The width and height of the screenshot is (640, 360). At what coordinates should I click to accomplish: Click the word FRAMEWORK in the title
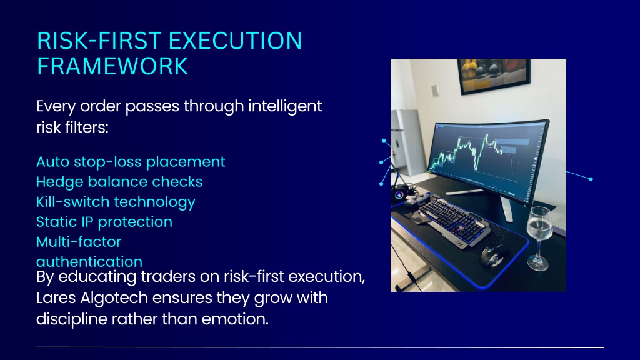pos(112,66)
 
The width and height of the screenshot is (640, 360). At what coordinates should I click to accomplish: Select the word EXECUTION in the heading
pos(235,41)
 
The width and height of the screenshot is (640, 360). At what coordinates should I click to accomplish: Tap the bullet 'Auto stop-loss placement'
pos(131,162)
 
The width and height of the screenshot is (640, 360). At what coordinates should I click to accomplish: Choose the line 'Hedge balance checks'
pos(119,182)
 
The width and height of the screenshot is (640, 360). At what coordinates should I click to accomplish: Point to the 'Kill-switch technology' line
pos(116,202)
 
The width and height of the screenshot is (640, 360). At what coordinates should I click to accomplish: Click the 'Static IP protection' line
pos(104,222)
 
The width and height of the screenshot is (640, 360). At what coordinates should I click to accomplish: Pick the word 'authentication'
pos(89,262)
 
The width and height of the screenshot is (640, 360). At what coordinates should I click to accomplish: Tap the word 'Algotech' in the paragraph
pos(114,298)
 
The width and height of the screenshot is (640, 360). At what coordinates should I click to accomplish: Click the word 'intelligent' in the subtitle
pos(285,107)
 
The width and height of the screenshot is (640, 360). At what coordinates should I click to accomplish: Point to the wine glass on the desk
pos(539,238)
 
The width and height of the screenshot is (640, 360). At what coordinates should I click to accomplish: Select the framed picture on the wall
pos(494,76)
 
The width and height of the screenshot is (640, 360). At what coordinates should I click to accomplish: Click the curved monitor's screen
pos(486,159)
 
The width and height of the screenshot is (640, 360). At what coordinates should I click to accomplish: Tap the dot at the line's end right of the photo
pos(591,179)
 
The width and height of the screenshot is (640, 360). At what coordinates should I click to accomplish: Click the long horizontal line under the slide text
pos(320,347)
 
